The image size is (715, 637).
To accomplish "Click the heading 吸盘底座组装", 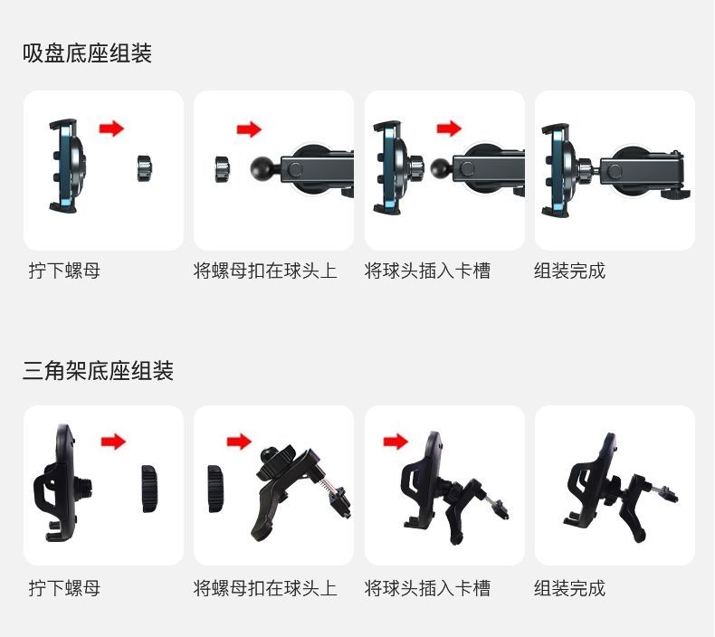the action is [x=87, y=52].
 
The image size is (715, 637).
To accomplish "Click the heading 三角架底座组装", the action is [x=98, y=370].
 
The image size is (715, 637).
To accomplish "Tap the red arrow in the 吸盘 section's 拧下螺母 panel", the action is [x=111, y=128].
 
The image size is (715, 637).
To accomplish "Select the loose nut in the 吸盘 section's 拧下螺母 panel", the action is [x=146, y=168].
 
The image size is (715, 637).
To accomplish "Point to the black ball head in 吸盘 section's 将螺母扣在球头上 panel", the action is [x=262, y=168].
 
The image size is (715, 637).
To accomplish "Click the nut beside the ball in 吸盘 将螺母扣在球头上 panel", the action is [x=224, y=169].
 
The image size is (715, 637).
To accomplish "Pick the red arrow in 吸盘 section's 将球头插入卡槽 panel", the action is [x=449, y=128].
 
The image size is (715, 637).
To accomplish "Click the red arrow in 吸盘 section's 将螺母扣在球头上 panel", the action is [x=249, y=129].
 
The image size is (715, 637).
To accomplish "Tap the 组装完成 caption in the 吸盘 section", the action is [x=569, y=271].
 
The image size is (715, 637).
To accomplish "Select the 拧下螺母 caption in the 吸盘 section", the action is [x=64, y=271].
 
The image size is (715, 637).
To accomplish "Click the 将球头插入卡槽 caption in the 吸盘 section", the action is [x=427, y=271].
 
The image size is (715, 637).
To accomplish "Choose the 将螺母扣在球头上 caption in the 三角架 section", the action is [x=265, y=588].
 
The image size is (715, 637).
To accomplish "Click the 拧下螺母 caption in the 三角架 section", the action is [x=64, y=588].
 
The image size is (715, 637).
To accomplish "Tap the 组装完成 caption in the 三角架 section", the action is [x=569, y=588].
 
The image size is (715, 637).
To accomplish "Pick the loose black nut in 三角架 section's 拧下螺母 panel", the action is [x=149, y=489].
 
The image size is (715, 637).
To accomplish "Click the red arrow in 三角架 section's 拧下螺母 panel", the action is [x=113, y=442].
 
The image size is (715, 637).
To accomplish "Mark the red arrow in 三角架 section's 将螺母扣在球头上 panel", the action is [x=240, y=442].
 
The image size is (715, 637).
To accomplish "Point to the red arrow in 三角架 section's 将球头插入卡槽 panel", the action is [x=396, y=442].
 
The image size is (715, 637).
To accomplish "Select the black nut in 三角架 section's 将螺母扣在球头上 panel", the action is [x=215, y=489].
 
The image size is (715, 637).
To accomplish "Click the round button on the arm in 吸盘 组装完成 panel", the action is [x=615, y=171].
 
